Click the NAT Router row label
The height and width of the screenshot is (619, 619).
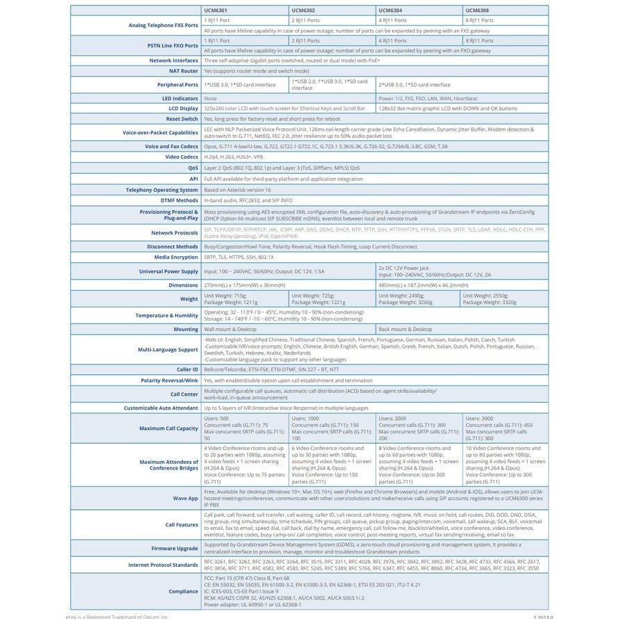coord(184,71)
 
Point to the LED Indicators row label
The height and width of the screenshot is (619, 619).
coord(180,99)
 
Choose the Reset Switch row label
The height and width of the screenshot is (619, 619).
coord(182,119)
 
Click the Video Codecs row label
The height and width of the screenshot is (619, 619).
coord(180,157)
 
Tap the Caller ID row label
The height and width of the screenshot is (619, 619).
coord(187,370)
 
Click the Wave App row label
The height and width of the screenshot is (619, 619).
coord(186,499)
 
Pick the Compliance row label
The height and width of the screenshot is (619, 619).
coord(184,592)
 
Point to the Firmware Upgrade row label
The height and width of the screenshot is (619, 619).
coord(173,549)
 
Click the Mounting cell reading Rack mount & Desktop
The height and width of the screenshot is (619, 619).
coord(405,330)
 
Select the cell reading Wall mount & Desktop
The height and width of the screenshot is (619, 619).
coord(230,330)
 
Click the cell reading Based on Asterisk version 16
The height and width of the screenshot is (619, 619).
coord(237,190)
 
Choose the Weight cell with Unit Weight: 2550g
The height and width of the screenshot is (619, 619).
coord(490,299)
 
